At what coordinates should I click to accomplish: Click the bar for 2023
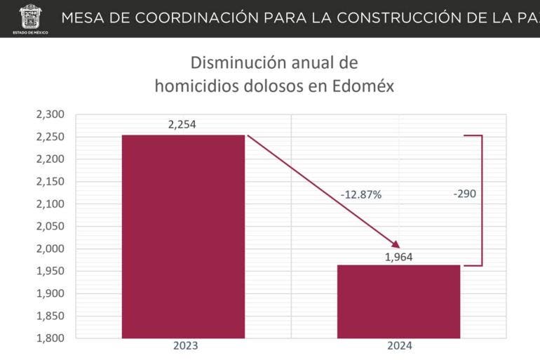183,236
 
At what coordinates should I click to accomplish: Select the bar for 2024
398,301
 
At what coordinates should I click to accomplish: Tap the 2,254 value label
182,125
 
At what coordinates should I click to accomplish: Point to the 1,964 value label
398,257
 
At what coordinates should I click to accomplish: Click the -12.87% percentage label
361,195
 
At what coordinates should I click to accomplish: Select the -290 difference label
464,194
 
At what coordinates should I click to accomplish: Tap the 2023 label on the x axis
185,347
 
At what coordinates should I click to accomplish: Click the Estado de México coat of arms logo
29,15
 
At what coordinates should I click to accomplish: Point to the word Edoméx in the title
362,86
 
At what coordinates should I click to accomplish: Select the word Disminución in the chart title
232,62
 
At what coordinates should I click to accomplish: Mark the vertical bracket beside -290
482,201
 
